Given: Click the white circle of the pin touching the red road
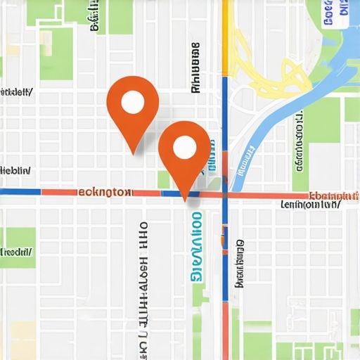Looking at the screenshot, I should point(184,147).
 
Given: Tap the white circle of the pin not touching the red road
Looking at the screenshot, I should point(132,103).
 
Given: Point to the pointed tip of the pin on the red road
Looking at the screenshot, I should point(186,201).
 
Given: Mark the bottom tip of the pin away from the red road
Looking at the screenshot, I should point(133,153).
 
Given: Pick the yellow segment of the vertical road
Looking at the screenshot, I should point(226,35).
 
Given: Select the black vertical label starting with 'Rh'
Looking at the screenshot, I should point(195,67).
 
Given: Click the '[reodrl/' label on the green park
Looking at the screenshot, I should point(18,251).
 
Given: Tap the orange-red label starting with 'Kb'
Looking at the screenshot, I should point(334,195).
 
